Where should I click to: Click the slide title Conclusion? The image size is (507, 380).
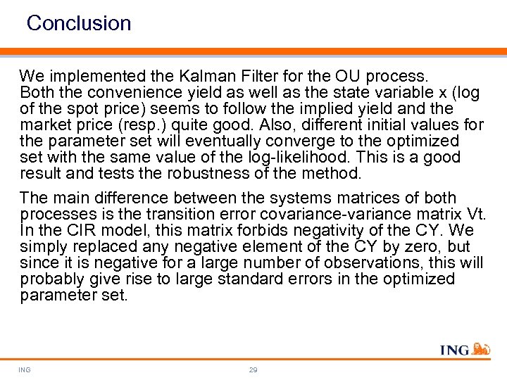click(x=79, y=23)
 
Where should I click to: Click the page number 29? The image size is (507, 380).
click(x=253, y=369)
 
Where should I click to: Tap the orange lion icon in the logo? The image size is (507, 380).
click(x=481, y=348)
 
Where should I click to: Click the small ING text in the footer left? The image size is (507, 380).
click(x=25, y=369)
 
